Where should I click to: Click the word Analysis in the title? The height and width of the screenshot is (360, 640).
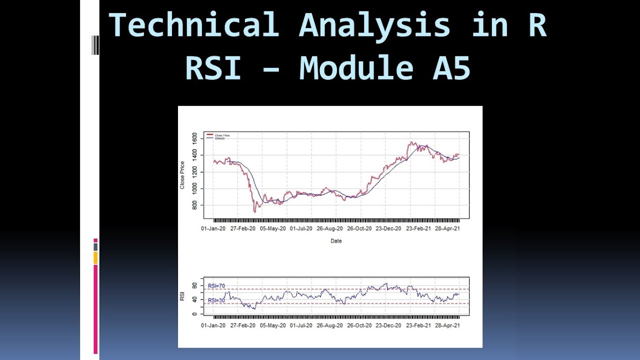[374, 25]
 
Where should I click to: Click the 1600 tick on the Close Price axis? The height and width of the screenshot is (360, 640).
[194, 138]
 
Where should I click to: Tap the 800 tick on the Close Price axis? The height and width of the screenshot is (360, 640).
[194, 205]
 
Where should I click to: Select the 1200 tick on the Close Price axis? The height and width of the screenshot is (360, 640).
[194, 172]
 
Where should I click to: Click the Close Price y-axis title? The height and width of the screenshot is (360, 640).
[182, 175]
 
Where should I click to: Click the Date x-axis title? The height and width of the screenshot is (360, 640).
[336, 241]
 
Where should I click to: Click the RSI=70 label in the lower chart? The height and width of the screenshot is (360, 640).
[216, 286]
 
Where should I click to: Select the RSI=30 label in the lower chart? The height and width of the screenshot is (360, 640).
[216, 300]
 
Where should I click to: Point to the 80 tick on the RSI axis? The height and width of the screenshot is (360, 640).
[194, 285]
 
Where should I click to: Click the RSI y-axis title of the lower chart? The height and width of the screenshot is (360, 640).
[182, 296]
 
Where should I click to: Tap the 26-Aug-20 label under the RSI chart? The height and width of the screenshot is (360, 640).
[328, 325]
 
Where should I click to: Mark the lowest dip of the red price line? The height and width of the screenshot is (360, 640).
[254, 212]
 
